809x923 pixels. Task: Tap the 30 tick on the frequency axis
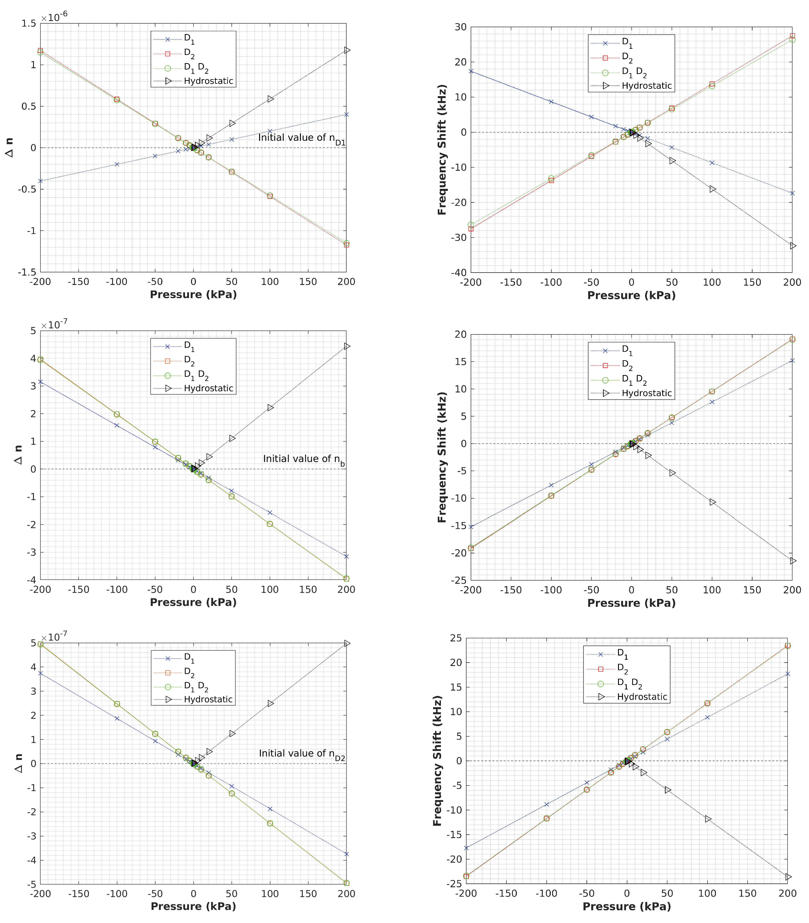point(460,27)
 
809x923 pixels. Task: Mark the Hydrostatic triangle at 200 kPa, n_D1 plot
point(346,50)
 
